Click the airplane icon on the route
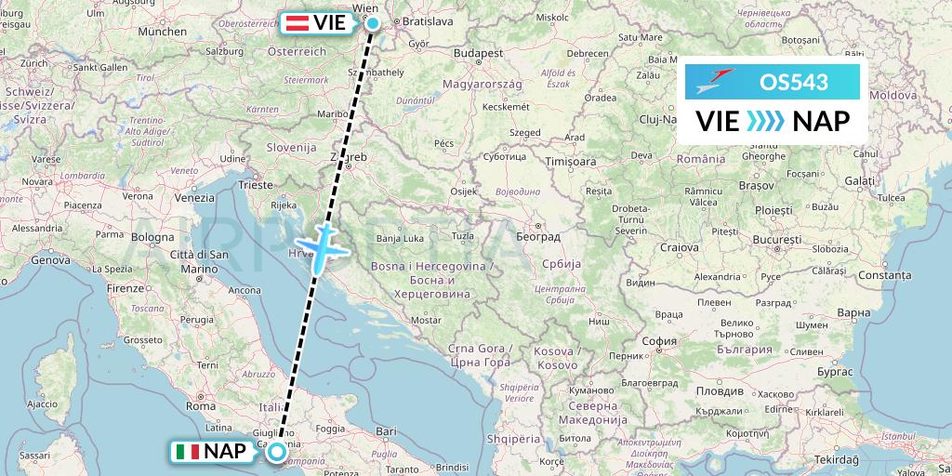[x=322, y=246]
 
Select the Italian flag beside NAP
[x=187, y=452]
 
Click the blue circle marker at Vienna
[x=373, y=23]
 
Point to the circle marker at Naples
[x=277, y=452]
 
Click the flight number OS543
[x=793, y=82]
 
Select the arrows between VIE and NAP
[x=766, y=121]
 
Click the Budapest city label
[x=480, y=53]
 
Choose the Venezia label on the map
[x=193, y=198]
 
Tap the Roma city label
[x=201, y=405]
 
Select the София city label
[x=659, y=341]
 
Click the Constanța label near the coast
[x=884, y=275]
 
